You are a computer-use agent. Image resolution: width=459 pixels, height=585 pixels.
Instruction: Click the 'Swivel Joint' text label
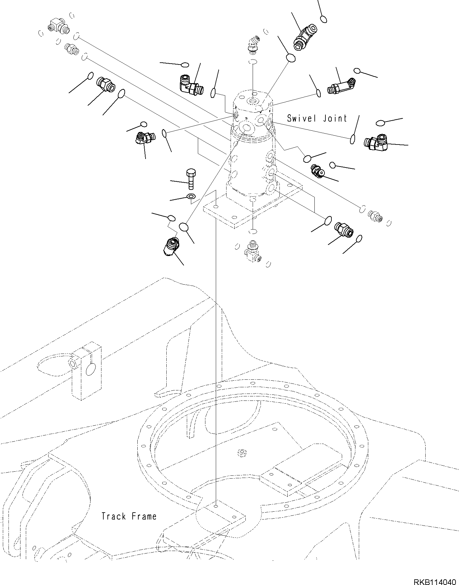317,118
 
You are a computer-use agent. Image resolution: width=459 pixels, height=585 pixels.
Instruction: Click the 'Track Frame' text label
129,516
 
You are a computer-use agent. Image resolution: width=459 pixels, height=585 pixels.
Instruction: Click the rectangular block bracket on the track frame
86,372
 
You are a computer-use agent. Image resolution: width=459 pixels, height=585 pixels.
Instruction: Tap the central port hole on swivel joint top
253,101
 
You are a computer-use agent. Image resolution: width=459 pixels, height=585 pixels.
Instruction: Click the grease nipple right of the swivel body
317,171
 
